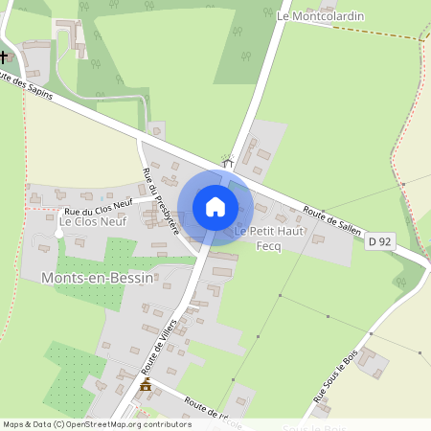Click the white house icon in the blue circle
[x=215, y=206]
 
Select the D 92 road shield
[x=380, y=242]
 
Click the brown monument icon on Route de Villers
[x=146, y=385]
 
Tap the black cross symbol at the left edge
[x=4, y=56]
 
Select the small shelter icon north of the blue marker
[x=229, y=161]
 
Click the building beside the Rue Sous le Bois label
[x=372, y=363]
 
